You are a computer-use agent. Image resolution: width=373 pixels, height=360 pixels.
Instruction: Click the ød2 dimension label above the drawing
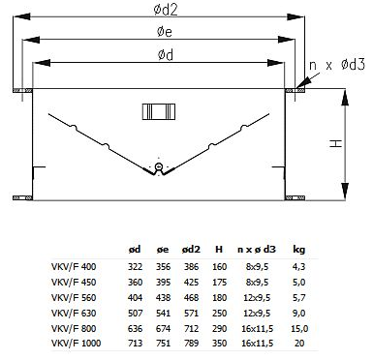tap(166, 10)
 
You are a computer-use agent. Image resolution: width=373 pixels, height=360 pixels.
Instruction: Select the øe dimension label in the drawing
tap(165, 32)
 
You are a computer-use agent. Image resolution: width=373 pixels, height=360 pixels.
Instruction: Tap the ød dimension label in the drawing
tap(166, 55)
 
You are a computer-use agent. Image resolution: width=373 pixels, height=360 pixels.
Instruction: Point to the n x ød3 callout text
tap(337, 65)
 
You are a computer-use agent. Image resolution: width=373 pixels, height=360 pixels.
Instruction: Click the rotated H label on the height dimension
tap(336, 144)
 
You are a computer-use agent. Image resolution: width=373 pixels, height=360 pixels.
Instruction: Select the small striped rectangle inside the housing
tap(159, 111)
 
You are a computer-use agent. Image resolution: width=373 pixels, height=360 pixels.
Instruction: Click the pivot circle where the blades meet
tap(159, 166)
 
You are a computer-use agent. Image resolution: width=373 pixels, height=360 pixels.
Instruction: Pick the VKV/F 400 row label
tap(74, 267)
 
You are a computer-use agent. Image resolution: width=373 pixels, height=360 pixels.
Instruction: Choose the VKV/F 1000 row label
tap(76, 343)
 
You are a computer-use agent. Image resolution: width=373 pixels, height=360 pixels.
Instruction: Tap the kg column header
tap(299, 250)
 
